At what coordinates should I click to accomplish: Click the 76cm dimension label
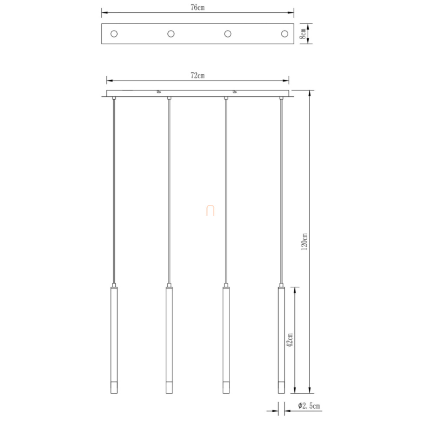tap(198, 7)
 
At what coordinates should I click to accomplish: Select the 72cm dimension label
tap(198, 75)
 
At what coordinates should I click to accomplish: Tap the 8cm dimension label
tap(303, 34)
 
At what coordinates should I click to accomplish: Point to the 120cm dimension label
tap(304, 241)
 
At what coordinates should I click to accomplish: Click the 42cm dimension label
tap(289, 340)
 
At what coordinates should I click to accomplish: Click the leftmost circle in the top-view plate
tap(114, 34)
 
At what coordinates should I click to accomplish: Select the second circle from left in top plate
tap(171, 34)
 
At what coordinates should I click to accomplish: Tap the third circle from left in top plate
tap(228, 34)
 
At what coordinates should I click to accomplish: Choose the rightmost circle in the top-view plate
tap(285, 34)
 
